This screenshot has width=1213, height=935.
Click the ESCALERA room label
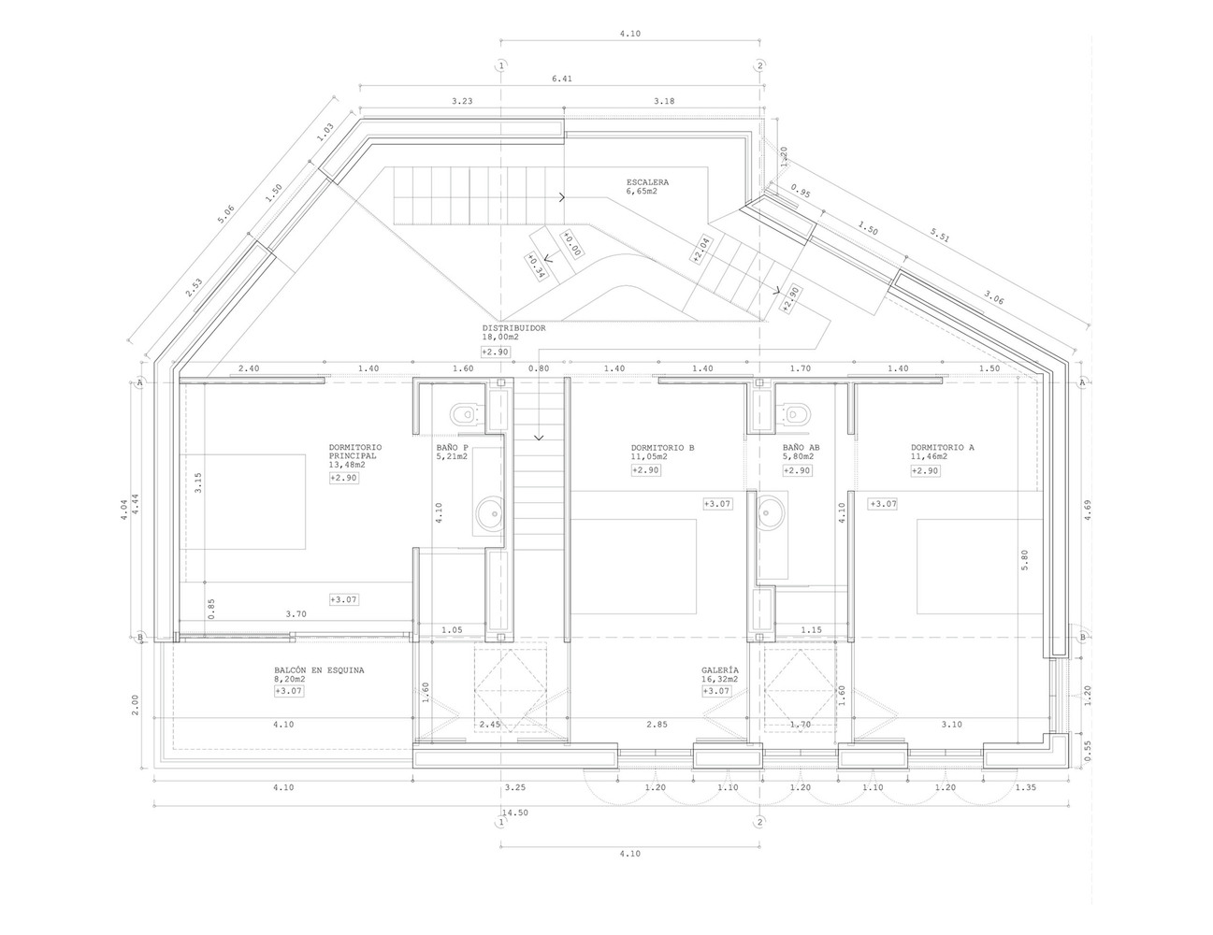click(x=647, y=182)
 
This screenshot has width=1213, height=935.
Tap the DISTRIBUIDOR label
click(x=513, y=328)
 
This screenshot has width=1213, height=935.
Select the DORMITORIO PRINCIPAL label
click(x=355, y=452)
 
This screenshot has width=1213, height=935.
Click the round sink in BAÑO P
click(x=490, y=511)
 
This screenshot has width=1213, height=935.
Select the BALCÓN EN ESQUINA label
click(x=319, y=670)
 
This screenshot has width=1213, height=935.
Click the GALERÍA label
click(x=720, y=670)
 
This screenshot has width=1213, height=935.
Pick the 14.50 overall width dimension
click(x=514, y=813)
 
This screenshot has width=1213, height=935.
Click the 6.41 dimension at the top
click(x=562, y=79)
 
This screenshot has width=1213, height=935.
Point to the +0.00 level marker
click(x=571, y=244)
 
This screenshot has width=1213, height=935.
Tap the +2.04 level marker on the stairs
click(x=701, y=250)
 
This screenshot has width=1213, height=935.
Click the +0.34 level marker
click(x=535, y=266)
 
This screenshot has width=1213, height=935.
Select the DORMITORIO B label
click(x=662, y=448)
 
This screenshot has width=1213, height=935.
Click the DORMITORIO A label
click(x=943, y=448)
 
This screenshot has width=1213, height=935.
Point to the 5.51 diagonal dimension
click(x=940, y=237)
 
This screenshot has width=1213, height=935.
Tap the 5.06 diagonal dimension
click(x=225, y=215)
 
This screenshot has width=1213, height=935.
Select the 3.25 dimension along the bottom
click(x=514, y=787)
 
